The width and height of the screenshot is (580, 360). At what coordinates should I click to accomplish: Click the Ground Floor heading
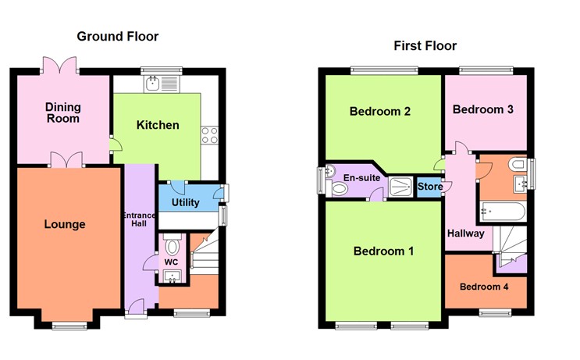click(x=117, y=36)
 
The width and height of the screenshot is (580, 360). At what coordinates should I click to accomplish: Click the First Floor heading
click(x=425, y=46)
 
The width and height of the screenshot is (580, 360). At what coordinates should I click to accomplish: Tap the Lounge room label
click(x=65, y=225)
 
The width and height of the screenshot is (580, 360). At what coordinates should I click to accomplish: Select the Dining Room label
click(x=62, y=112)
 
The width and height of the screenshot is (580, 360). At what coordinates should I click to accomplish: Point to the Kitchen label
click(x=158, y=125)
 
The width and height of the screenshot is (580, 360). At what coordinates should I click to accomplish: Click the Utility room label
click(x=185, y=203)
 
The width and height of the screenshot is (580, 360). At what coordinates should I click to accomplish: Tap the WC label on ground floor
click(x=171, y=261)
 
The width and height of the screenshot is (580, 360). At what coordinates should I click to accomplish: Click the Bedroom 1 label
click(x=383, y=251)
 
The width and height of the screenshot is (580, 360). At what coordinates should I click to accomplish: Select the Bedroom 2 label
click(x=380, y=112)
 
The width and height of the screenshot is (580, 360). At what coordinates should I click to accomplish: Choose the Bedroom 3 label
click(x=483, y=109)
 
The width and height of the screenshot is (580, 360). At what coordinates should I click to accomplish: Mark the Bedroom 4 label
click(x=483, y=287)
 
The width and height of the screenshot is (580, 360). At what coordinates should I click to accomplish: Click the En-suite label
click(x=361, y=178)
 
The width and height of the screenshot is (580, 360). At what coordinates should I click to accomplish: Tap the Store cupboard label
click(x=430, y=187)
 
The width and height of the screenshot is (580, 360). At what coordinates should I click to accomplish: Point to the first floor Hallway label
click(x=465, y=233)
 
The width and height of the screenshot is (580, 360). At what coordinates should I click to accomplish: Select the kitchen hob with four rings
click(x=209, y=134)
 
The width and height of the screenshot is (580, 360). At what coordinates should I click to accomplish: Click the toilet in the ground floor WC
click(x=173, y=241)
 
